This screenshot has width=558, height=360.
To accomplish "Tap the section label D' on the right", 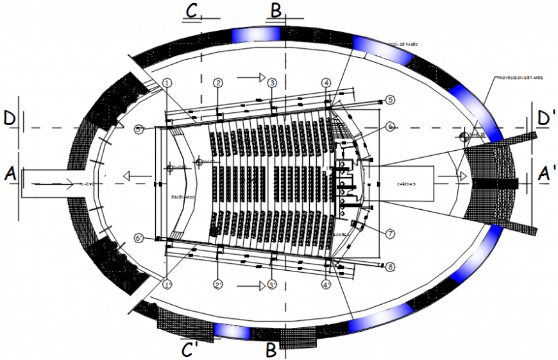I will pyautogui.click(x=546, y=118).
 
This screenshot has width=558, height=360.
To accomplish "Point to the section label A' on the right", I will pyautogui.click(x=546, y=174).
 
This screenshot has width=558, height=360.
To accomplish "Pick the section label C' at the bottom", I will pyautogui.click(x=189, y=350).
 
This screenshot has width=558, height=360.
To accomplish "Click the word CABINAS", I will pyautogui.click(x=405, y=184).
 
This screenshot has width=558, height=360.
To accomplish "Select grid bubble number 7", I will pyautogui.click(x=390, y=234).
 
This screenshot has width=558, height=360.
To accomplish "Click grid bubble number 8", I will pyautogui.click(x=390, y=267).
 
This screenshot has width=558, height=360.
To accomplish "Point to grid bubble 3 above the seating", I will pyautogui.click(x=272, y=83).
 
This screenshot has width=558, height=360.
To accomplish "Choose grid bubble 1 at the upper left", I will pyautogui.click(x=167, y=83).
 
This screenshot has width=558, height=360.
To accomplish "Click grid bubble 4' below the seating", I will pyautogui.click(x=326, y=284).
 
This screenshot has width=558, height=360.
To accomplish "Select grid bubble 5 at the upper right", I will pyautogui.click(x=390, y=99).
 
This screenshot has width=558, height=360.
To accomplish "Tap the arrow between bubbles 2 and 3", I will pyautogui.click(x=250, y=77).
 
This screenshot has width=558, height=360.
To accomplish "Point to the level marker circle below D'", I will pyautogui.click(x=464, y=135).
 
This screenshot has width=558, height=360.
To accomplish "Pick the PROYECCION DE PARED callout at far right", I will pyautogui.click(x=520, y=77).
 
